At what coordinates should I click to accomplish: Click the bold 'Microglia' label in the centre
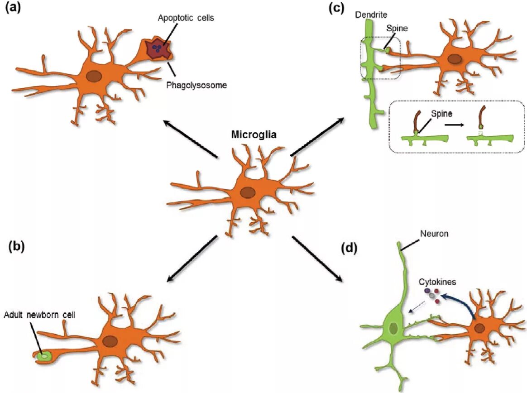click(x=254, y=134)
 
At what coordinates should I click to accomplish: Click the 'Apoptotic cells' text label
click(x=186, y=19)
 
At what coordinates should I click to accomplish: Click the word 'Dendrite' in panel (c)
click(x=371, y=15)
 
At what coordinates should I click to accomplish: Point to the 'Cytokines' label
click(x=437, y=282)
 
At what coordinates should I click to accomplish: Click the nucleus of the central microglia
click(x=247, y=193)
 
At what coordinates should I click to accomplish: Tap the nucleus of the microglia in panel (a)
click(x=94, y=77)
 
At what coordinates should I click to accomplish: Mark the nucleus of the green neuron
click(x=393, y=328)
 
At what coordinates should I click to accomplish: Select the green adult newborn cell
click(x=44, y=356)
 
